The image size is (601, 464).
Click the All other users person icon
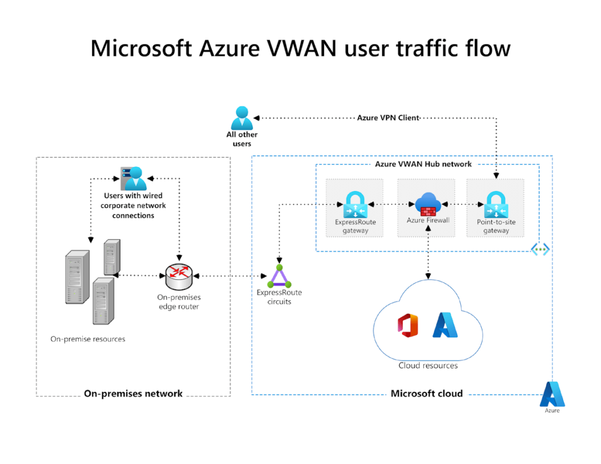(242, 118)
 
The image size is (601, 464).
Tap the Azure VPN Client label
(388, 118)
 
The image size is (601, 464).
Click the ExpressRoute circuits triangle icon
(279, 275)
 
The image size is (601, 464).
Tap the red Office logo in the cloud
(407, 326)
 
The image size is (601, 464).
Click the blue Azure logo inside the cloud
(445, 325)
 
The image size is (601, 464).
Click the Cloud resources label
(428, 365)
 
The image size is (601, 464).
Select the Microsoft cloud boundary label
(426, 394)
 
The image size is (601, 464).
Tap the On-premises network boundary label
(133, 394)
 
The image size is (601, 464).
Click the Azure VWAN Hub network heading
(423, 164)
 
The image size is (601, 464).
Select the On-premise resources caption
(88, 339)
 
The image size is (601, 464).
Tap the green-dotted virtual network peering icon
(541, 249)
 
